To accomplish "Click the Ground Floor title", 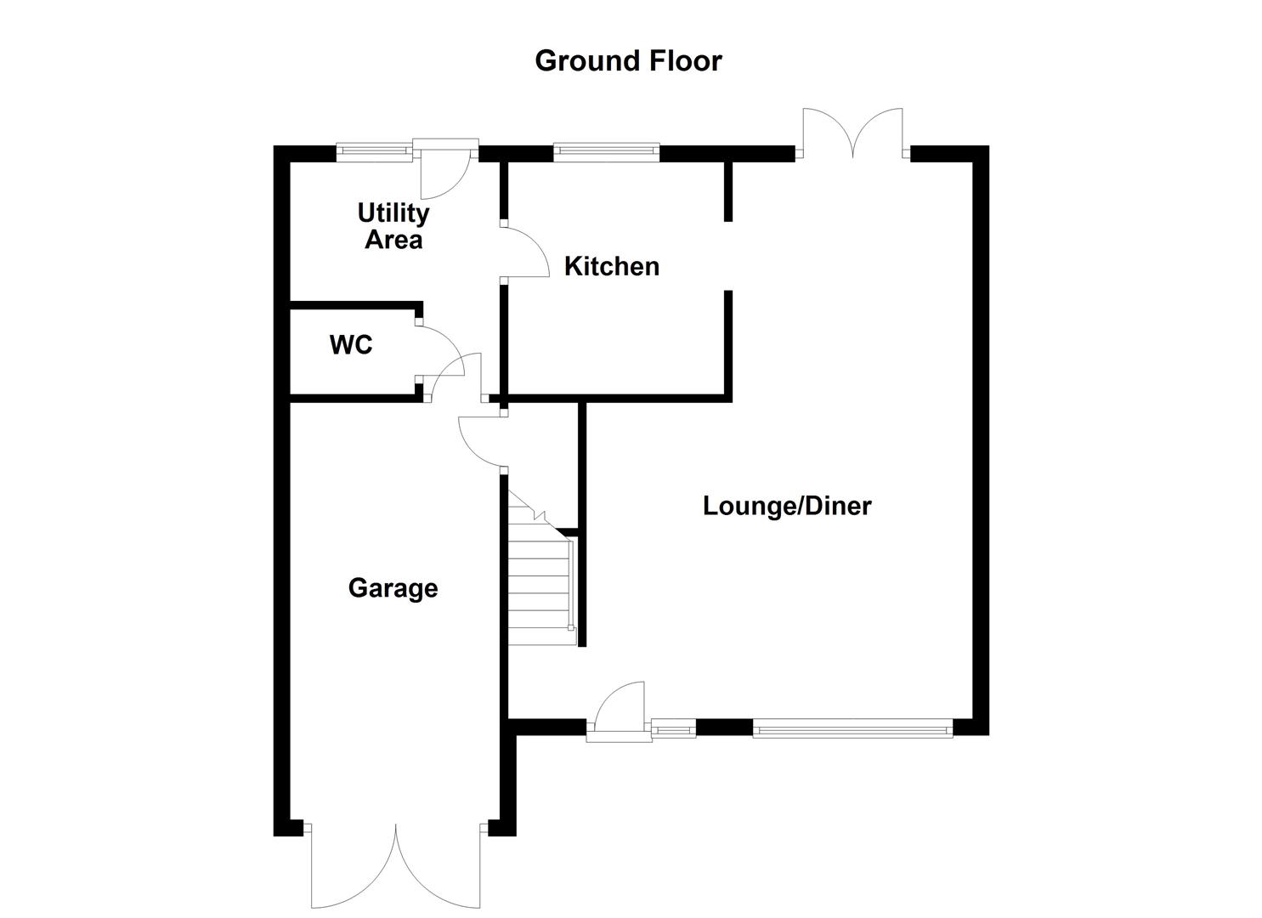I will [x=628, y=61].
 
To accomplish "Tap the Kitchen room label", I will [x=612, y=266].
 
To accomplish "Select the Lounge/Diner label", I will [x=787, y=506].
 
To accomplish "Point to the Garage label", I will [x=393, y=588].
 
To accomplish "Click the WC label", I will [x=351, y=345].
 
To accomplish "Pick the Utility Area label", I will [x=393, y=226].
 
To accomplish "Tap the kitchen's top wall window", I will [x=606, y=152].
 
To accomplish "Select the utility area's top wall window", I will [x=374, y=151].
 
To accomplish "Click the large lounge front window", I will [x=852, y=728].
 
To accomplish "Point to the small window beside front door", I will [x=674, y=728].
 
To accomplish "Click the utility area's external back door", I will [x=445, y=170].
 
